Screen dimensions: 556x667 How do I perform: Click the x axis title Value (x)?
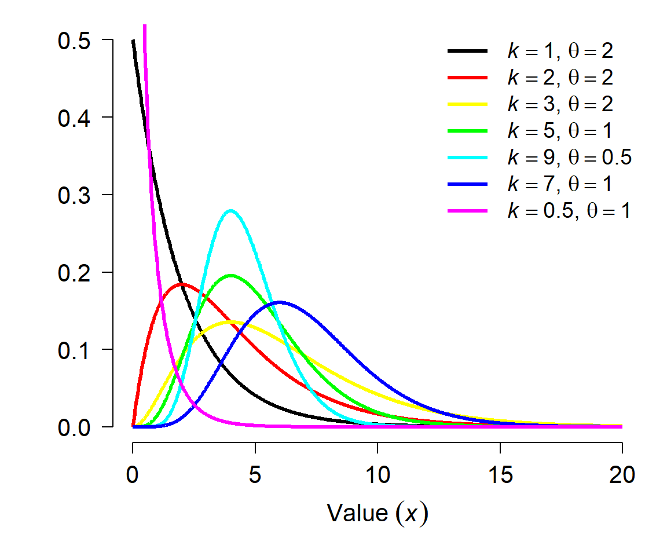(378, 513)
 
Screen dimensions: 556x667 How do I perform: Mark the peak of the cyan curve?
(231, 210)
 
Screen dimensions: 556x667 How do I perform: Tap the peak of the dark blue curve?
(280, 302)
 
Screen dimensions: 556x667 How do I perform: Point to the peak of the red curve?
(182, 284)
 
